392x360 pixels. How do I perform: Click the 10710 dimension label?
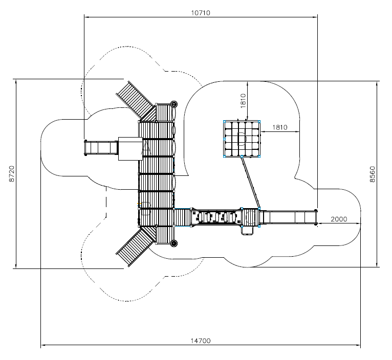tap(201, 13)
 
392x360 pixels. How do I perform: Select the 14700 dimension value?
tap(201, 341)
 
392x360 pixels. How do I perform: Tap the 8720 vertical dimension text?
tap(12, 174)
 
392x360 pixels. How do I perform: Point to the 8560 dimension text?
tap(372, 174)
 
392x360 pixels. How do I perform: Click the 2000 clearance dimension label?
tap(339, 219)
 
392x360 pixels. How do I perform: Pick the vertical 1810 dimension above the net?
tap(243, 101)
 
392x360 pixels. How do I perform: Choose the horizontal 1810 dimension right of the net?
tap(279, 127)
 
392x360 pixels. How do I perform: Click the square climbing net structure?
tap(242, 139)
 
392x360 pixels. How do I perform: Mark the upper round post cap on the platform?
tap(174, 104)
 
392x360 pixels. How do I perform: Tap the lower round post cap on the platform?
tap(174, 243)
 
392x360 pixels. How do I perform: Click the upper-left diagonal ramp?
tap(135, 99)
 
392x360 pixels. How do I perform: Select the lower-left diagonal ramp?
tap(135, 247)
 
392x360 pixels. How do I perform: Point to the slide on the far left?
tap(101, 148)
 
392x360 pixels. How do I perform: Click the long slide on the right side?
tap(288, 217)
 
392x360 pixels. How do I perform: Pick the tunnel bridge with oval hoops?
tap(217, 217)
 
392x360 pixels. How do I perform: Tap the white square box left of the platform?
tap(130, 149)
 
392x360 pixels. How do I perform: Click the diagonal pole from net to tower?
tap(250, 182)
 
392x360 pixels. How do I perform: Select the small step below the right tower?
tap(247, 230)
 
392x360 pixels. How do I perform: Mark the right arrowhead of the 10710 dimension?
tap(315, 17)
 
